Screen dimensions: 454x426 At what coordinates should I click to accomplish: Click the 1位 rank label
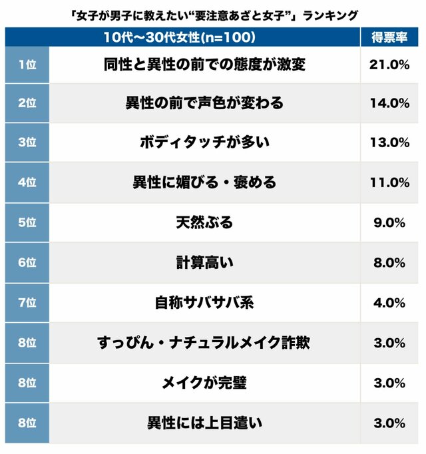tap(27, 65)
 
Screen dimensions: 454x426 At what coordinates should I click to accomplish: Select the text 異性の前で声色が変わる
tap(204, 103)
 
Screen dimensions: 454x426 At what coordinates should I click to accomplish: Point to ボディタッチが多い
tap(204, 142)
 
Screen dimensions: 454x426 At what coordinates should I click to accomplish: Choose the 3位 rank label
tap(27, 142)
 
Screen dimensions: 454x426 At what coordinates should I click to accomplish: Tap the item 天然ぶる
tap(204, 222)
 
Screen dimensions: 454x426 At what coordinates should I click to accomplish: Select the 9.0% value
tap(389, 222)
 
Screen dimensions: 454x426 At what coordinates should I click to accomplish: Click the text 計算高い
tap(204, 263)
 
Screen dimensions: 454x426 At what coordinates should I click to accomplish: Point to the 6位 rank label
tap(27, 263)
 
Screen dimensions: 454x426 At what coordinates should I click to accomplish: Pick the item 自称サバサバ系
tap(204, 303)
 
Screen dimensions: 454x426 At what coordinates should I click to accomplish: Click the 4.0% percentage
tap(389, 303)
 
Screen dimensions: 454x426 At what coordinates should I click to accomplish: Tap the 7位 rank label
tap(27, 303)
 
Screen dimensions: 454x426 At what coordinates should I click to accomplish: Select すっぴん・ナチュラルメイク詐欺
tap(204, 343)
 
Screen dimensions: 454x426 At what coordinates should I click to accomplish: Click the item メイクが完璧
tap(204, 383)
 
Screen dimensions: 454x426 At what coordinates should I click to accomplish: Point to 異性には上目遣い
tap(204, 423)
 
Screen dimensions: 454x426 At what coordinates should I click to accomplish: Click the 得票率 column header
tap(389, 37)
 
